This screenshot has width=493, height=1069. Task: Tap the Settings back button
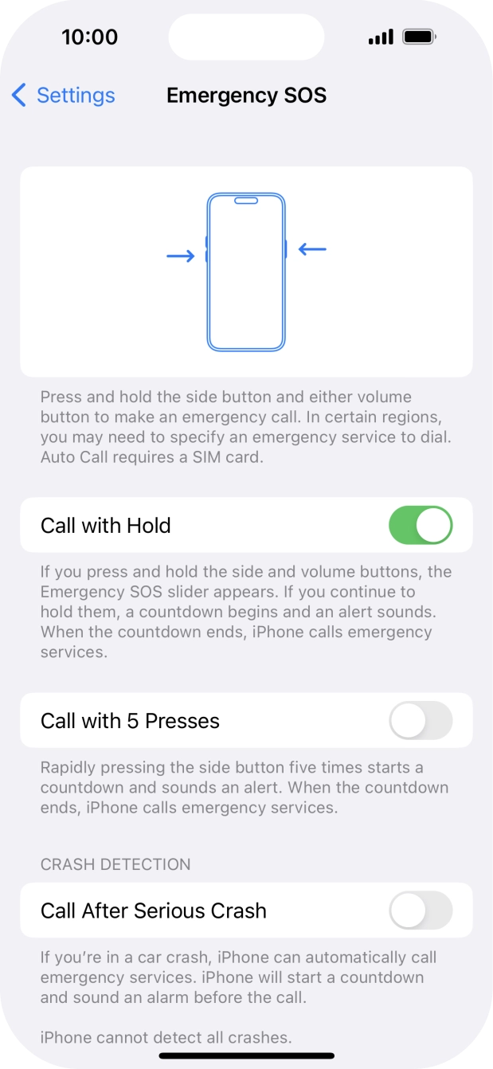pos(64,96)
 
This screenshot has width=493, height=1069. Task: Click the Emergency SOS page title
pos(246,96)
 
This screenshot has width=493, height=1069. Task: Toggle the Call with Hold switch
pos(421,526)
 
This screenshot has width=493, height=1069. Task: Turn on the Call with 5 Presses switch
pos(421,721)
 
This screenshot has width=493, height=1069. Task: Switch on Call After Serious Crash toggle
pos(421,910)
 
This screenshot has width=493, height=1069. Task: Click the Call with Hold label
pos(106,526)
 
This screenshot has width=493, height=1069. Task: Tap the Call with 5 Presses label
pos(130,721)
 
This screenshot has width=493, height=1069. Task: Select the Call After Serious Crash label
pos(154,910)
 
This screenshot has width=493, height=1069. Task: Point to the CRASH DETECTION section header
pos(115,864)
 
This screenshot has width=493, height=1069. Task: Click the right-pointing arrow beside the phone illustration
pos(180,256)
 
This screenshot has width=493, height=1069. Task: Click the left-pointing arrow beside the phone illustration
pos(312,249)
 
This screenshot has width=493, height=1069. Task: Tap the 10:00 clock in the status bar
pos(89,37)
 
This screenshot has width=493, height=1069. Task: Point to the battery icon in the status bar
pos(419,37)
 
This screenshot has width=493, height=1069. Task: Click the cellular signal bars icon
pos(381,37)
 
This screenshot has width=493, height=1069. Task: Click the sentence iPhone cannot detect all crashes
pos(166,1037)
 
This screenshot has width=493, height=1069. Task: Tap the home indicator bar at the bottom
pos(246,1056)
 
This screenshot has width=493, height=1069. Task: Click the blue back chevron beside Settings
pos(19,96)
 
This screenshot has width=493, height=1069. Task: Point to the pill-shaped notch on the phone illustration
pos(246,201)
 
